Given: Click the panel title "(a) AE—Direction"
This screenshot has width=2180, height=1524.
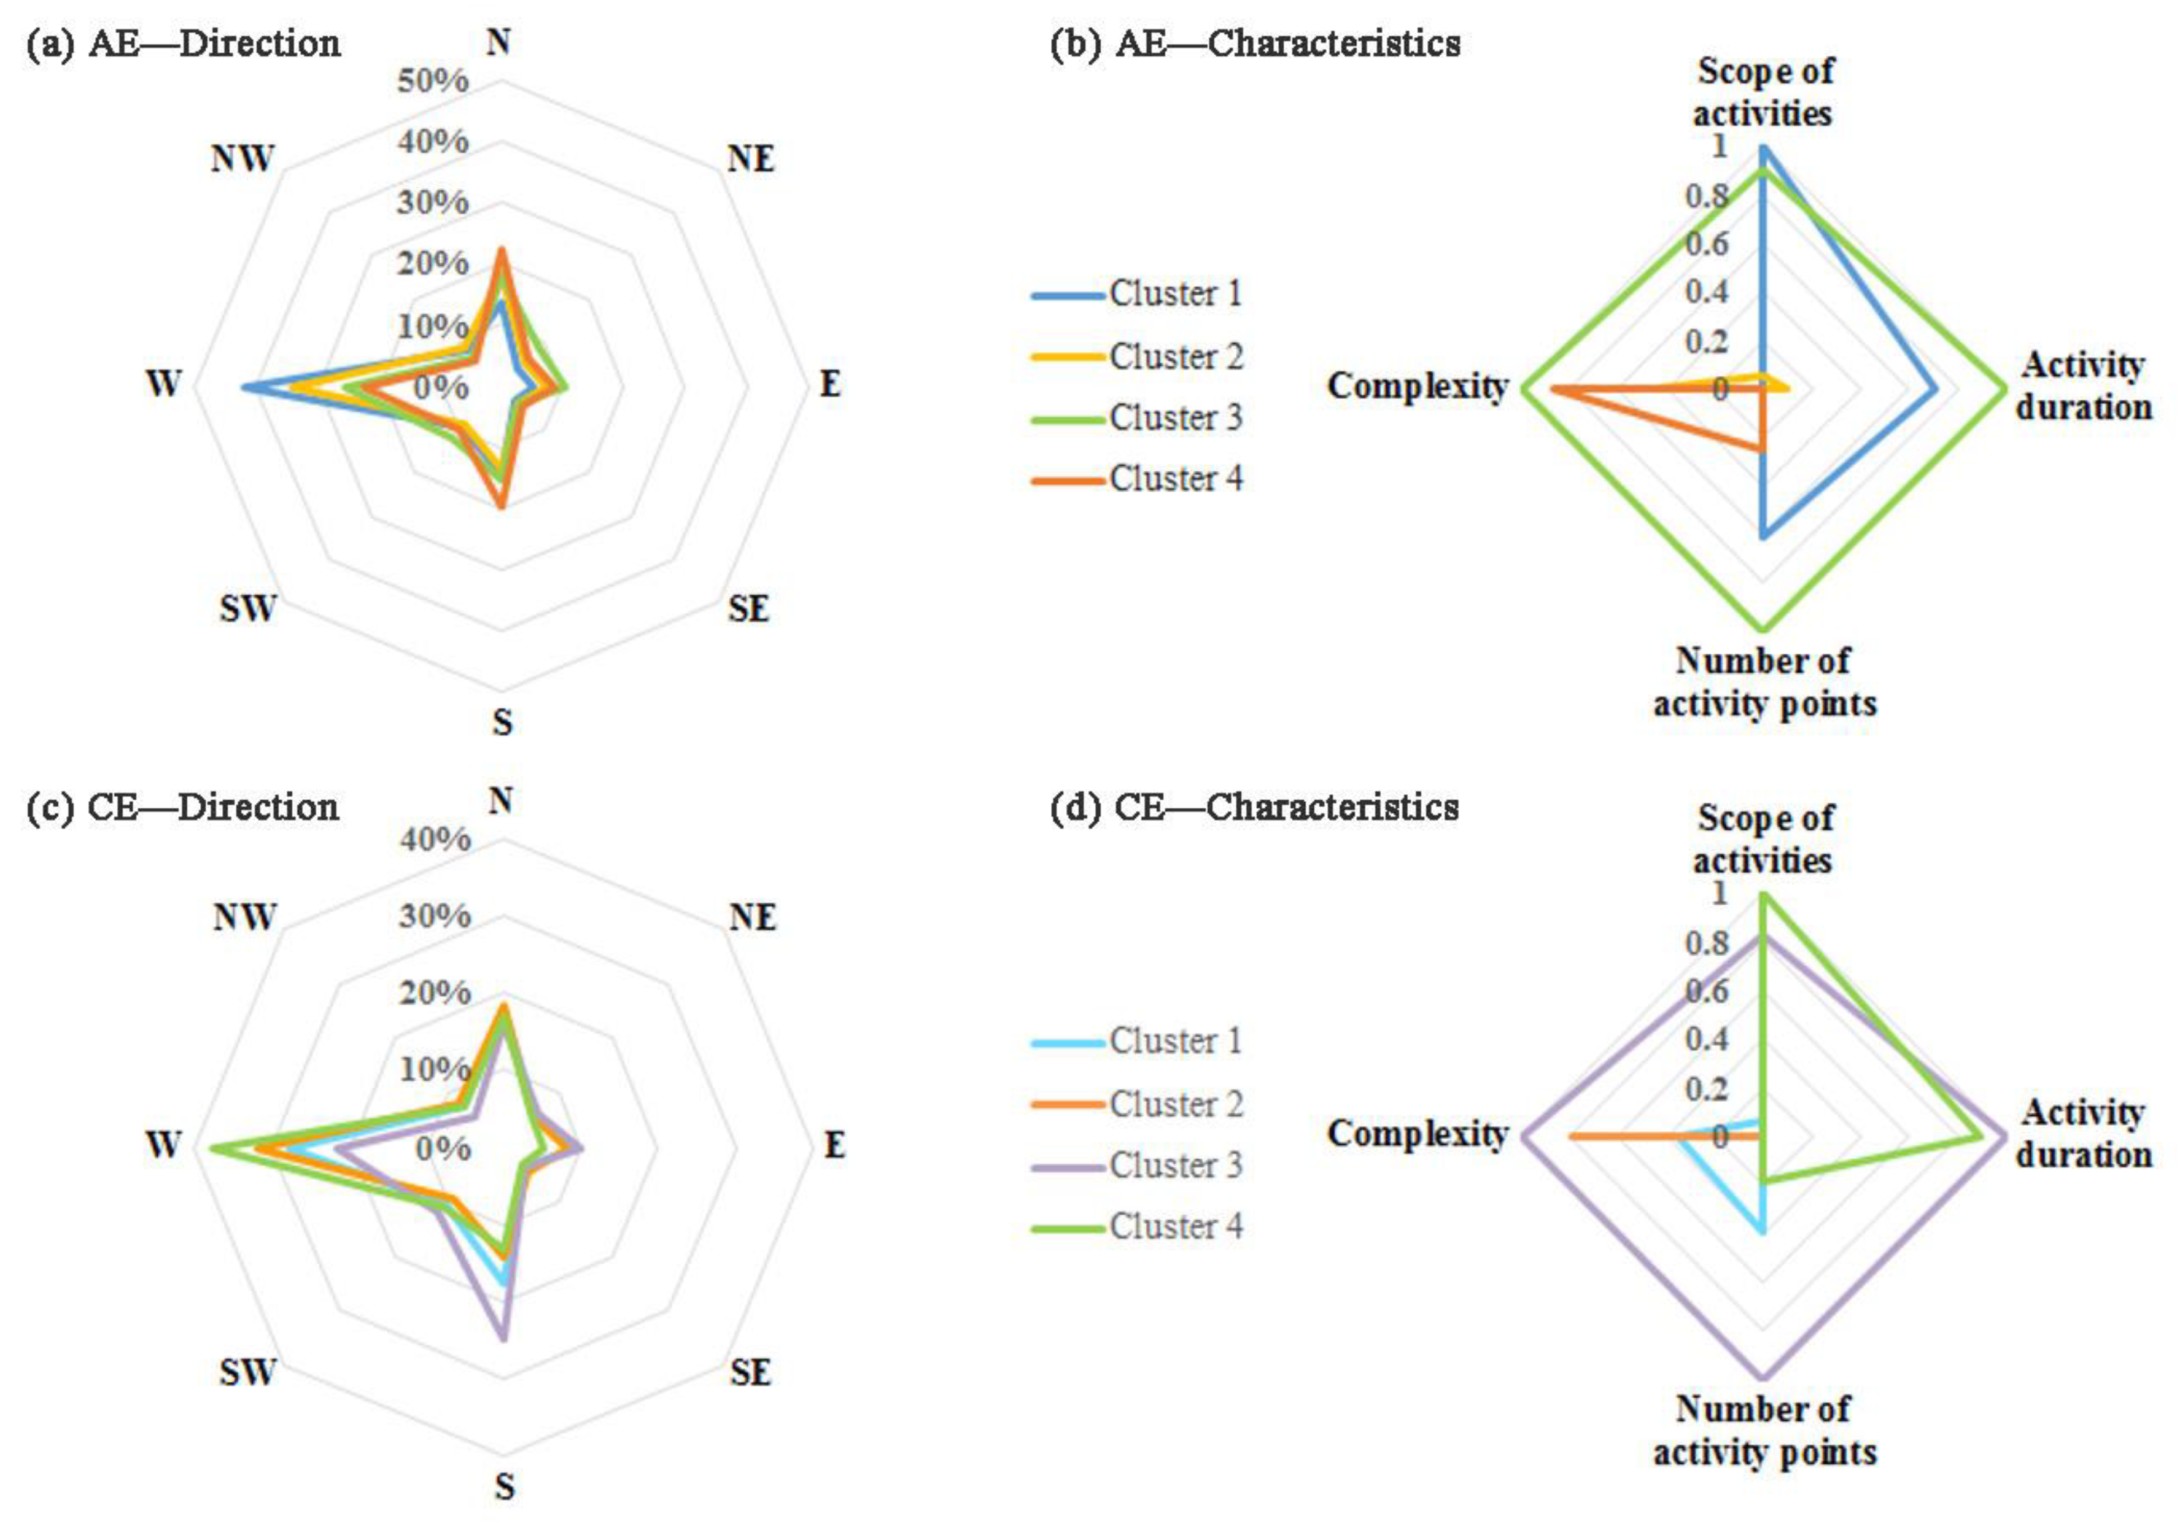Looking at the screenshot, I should [x=183, y=44].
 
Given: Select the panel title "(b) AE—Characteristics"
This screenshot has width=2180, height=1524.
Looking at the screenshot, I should [x=1255, y=44].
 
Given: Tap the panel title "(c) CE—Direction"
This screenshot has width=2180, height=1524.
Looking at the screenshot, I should [x=182, y=807].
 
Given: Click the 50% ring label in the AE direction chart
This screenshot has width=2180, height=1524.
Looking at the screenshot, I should [x=433, y=82].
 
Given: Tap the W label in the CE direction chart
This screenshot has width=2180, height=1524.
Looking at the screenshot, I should [x=163, y=1145].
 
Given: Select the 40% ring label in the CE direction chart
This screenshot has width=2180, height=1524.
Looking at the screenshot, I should [x=435, y=840].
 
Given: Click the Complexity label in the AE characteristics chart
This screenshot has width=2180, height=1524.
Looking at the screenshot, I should [x=1418, y=387].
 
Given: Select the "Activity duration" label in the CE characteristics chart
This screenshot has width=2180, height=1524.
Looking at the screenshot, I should [x=2083, y=1134].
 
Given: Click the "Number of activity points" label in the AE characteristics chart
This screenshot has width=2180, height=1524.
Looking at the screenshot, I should [x=1764, y=683].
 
